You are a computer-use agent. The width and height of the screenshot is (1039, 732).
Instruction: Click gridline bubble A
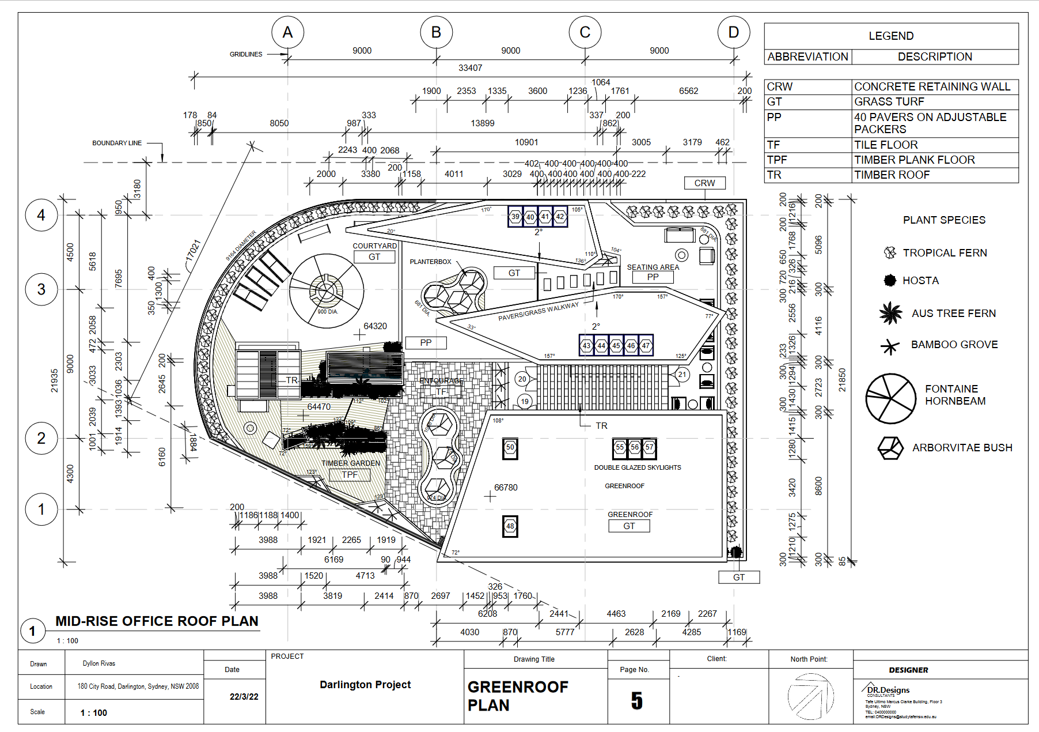coord(287,32)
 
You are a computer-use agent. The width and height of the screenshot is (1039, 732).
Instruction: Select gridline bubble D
coord(733,32)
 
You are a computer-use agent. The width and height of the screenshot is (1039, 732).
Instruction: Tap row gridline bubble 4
coord(41,215)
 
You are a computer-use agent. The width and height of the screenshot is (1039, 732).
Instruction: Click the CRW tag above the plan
coord(704,183)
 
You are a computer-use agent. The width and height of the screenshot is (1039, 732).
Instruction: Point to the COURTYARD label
coord(374,246)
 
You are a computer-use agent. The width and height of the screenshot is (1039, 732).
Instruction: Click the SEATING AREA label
coord(653,267)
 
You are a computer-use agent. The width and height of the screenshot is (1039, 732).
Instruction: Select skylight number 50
coord(510,447)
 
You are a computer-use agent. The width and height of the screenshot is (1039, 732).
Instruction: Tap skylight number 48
coord(510,526)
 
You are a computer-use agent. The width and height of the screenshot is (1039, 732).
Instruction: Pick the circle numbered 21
coord(682,375)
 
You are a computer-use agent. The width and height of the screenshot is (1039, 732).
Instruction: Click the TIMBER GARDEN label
coord(350,463)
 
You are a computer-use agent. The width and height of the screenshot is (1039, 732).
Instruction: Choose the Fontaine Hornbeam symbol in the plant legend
coord(890,398)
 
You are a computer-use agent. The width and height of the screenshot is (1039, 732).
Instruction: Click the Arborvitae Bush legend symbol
coord(890,448)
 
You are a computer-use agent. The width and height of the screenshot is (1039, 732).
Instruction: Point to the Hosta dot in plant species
coord(890,281)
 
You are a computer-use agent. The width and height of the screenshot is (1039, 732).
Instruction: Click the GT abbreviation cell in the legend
coord(775,101)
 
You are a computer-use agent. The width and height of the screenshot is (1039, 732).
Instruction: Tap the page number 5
coord(636,701)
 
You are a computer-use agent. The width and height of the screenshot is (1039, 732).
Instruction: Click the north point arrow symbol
coord(810,696)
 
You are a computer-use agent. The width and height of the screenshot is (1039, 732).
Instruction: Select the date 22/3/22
coord(244,696)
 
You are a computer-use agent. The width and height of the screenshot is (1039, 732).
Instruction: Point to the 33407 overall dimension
coord(470,68)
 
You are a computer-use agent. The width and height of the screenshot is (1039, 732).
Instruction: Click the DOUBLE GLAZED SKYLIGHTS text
coord(638,467)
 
